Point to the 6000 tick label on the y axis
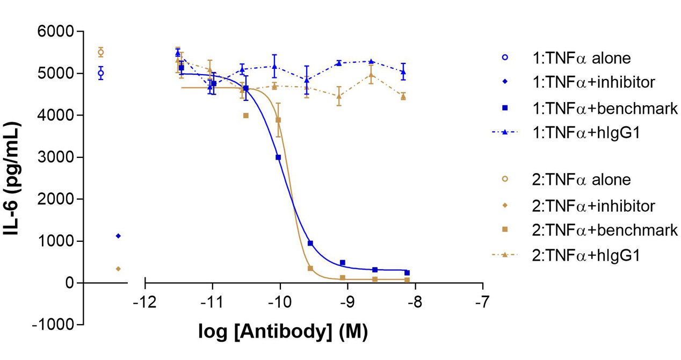pos(59,32)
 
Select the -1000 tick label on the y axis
pos(55,325)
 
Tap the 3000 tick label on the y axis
pos(59,157)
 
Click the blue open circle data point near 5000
pos(100,73)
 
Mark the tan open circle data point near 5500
pos(100,52)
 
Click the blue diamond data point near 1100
pos(118,236)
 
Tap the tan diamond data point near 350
pos(118,269)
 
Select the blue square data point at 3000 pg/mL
pos(278,157)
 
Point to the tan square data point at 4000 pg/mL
pos(246,116)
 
